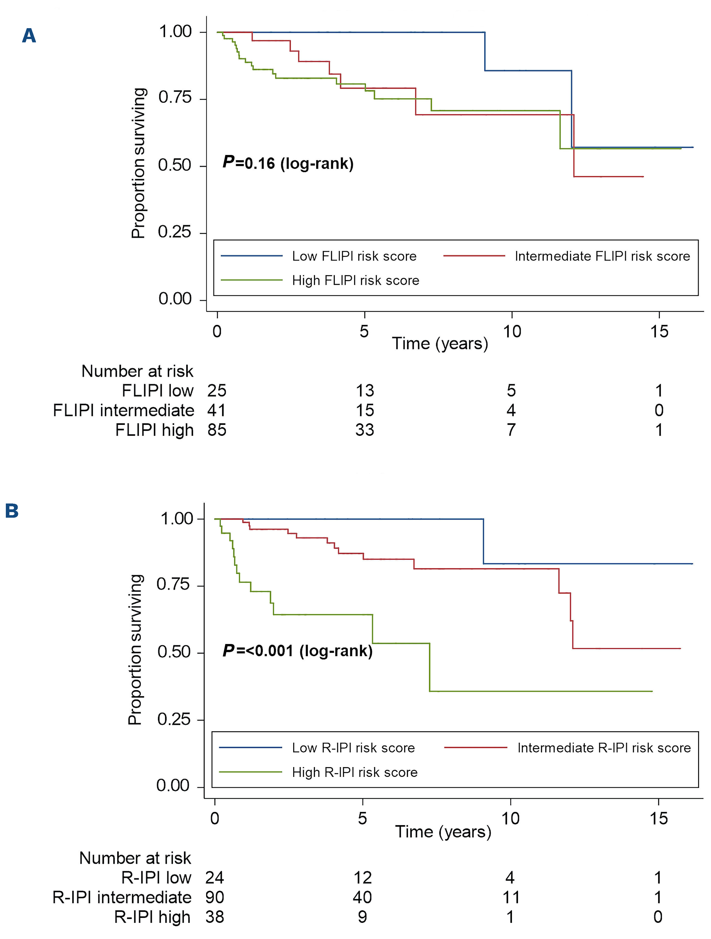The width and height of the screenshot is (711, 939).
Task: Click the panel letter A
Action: click(x=29, y=36)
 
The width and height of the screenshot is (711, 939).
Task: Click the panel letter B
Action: click(x=12, y=511)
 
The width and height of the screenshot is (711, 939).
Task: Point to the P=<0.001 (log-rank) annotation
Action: click(x=297, y=650)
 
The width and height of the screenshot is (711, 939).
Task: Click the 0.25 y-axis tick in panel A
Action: click(x=174, y=232)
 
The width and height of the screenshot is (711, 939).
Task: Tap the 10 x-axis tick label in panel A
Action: click(x=511, y=332)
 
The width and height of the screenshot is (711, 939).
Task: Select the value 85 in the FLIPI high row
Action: click(x=217, y=430)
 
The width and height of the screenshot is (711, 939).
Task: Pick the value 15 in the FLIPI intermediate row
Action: click(x=365, y=410)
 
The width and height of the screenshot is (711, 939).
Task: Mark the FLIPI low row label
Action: click(x=157, y=391)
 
